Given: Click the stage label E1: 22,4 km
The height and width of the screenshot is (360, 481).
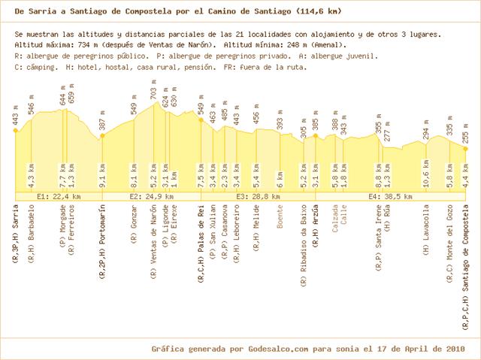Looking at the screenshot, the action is click(59, 197).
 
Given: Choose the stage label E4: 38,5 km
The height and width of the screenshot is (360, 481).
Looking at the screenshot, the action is click(391, 197).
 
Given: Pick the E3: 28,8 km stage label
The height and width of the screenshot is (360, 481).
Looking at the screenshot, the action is click(258, 197).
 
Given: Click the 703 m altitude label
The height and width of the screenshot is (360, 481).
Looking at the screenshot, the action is click(153, 89).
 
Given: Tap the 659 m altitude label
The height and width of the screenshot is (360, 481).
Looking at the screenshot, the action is click(72, 94).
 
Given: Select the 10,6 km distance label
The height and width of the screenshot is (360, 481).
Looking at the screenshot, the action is click(426, 174).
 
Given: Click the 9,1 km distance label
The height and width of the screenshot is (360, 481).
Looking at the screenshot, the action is click(102, 176).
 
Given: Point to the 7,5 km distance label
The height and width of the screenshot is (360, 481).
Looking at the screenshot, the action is click(201, 176).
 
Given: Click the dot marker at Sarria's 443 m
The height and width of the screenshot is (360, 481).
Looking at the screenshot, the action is click(16, 131).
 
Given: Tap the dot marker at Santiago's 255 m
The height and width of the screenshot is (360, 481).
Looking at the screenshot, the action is click(465, 149).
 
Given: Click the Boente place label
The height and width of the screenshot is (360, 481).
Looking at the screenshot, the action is click(280, 216).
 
